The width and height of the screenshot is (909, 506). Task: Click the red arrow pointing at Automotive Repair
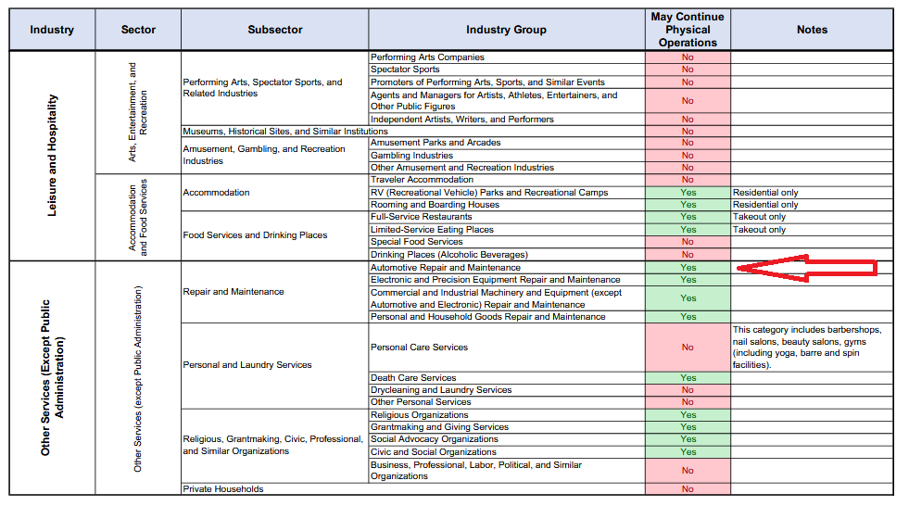pos(806,268)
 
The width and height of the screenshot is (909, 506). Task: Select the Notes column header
pos(812,30)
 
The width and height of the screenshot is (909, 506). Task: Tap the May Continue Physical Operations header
pos(688,30)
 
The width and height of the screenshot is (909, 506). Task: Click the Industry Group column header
pos(506,30)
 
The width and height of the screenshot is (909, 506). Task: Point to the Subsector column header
pos(275,30)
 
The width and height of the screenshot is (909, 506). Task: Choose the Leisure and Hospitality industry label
pos(52,156)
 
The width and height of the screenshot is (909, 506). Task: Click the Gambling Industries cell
pos(411,156)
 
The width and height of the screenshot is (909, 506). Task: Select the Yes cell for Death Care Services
pos(688,378)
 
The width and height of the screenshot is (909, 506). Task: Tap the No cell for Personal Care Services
pos(688,348)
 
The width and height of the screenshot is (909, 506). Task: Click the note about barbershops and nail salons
pos(807,348)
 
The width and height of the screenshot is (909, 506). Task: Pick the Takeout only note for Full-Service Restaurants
pos(759,217)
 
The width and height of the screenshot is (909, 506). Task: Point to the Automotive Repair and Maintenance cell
pos(445,268)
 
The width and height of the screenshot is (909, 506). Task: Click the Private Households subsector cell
pos(223,489)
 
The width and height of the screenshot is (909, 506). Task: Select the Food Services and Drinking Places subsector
pos(255,235)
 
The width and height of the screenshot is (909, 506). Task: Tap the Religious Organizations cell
pos(419,415)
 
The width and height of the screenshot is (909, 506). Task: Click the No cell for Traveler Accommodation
pos(688,180)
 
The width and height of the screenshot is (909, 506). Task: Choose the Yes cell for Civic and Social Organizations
pos(688,452)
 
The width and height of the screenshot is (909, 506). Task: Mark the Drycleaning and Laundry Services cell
pos(441,390)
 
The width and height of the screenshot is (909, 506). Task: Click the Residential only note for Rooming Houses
pos(765,205)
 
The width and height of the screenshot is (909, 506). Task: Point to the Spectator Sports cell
pos(405,70)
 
